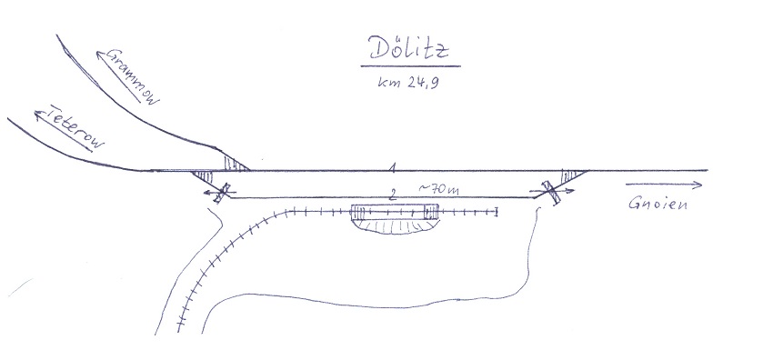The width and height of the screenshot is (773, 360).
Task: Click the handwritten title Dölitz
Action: click(x=409, y=48)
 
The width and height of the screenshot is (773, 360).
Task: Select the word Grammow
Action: click(x=133, y=75)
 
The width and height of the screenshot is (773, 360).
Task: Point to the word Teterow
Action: click(x=77, y=127)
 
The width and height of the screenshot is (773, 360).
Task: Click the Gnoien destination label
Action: click(x=658, y=203)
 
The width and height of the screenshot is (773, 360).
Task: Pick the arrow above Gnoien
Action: click(x=664, y=185)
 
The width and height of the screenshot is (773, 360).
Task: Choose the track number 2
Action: click(x=393, y=195)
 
